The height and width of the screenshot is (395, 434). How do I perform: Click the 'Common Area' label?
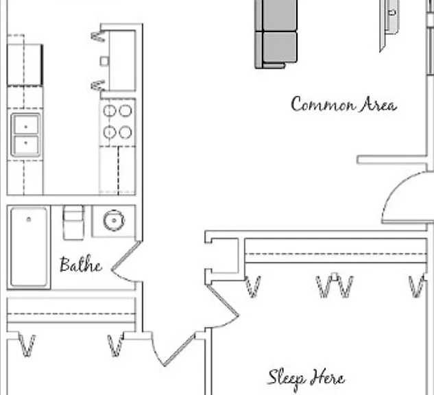click(343, 104)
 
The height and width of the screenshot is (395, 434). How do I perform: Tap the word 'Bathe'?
click(80, 265)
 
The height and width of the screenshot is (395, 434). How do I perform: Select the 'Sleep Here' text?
click(306, 378)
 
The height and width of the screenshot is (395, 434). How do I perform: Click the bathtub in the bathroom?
click(29, 247)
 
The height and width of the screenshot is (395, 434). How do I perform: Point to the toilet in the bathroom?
click(73, 222)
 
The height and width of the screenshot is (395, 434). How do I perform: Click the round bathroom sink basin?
click(114, 220)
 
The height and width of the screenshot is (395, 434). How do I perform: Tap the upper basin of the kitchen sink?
click(26, 125)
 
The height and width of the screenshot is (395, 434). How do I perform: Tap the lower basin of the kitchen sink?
click(26, 145)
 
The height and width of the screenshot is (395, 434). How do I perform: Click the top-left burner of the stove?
click(110, 110)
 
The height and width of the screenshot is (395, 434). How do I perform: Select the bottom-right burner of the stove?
click(125, 132)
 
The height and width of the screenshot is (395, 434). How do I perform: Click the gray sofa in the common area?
click(276, 34)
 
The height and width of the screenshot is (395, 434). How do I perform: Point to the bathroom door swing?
click(126, 263)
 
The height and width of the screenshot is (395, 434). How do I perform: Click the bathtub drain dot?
click(29, 219)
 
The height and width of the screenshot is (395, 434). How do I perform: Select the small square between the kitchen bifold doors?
click(104, 61)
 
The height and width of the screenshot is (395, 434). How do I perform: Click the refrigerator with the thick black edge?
click(25, 64)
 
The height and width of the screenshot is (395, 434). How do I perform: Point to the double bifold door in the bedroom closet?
click(335, 286)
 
